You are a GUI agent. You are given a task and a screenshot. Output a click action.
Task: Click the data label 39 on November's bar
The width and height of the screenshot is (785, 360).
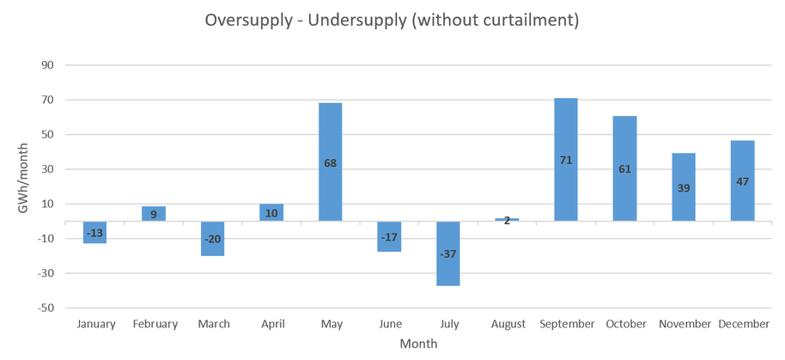point(684,187)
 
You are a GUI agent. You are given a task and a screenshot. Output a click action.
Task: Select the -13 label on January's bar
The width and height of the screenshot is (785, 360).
point(94,232)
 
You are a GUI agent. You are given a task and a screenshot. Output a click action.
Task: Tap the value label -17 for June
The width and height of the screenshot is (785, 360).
point(389,237)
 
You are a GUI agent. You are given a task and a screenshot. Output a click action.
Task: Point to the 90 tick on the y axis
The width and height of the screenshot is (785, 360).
point(47,65)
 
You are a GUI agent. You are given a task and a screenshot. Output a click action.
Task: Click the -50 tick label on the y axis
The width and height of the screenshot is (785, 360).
point(46,308)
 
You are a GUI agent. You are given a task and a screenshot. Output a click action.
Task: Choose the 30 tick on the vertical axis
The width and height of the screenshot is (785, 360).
point(47,169)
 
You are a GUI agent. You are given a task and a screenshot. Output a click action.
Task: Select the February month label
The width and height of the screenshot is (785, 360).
point(155,324)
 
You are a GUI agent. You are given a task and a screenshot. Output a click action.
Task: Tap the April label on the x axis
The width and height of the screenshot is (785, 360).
point(271,324)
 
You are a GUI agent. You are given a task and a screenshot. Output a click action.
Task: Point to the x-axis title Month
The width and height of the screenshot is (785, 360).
point(418,344)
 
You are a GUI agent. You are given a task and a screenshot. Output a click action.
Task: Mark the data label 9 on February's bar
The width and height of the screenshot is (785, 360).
point(154,214)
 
